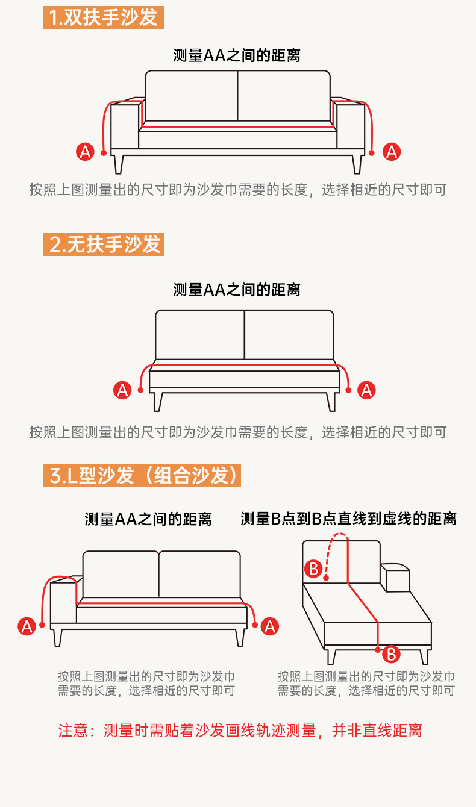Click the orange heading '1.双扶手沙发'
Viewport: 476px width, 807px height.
coord(104,16)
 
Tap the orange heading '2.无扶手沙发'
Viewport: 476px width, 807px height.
coord(104,244)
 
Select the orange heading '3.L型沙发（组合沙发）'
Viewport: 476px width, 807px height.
coord(142,475)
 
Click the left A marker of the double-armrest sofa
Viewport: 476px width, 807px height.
coord(86,152)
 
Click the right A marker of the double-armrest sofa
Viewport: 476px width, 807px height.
coord(392,152)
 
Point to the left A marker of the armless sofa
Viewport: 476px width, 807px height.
coord(122,390)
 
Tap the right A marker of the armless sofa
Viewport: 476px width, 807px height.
coord(366,390)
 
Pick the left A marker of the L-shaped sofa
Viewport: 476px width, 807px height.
coord(26,626)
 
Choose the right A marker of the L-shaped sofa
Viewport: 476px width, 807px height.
coord(269,626)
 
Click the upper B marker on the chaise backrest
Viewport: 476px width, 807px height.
coord(313,568)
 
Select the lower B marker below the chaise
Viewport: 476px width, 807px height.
coord(391,653)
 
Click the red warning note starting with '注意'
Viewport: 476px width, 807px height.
coord(240,731)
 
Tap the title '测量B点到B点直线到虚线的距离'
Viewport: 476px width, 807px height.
coord(348,518)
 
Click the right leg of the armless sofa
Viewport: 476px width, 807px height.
coord(331,401)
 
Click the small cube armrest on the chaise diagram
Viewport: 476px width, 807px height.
coord(395,578)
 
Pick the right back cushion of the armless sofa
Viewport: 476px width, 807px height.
coord(289,334)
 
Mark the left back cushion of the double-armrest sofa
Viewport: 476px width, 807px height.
coord(192,96)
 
